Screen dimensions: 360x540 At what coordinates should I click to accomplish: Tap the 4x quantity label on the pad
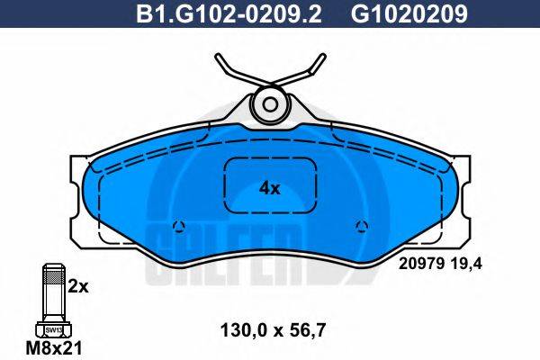coord(270,188)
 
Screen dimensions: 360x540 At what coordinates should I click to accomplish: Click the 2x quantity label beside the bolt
coord(79,286)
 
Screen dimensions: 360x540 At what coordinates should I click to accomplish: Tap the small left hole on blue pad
coord(178,225)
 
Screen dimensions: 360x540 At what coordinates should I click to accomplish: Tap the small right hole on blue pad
coord(362,225)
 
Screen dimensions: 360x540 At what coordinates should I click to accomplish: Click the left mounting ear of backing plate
coord(79,193)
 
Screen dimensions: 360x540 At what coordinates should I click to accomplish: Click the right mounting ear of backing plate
coord(461,193)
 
